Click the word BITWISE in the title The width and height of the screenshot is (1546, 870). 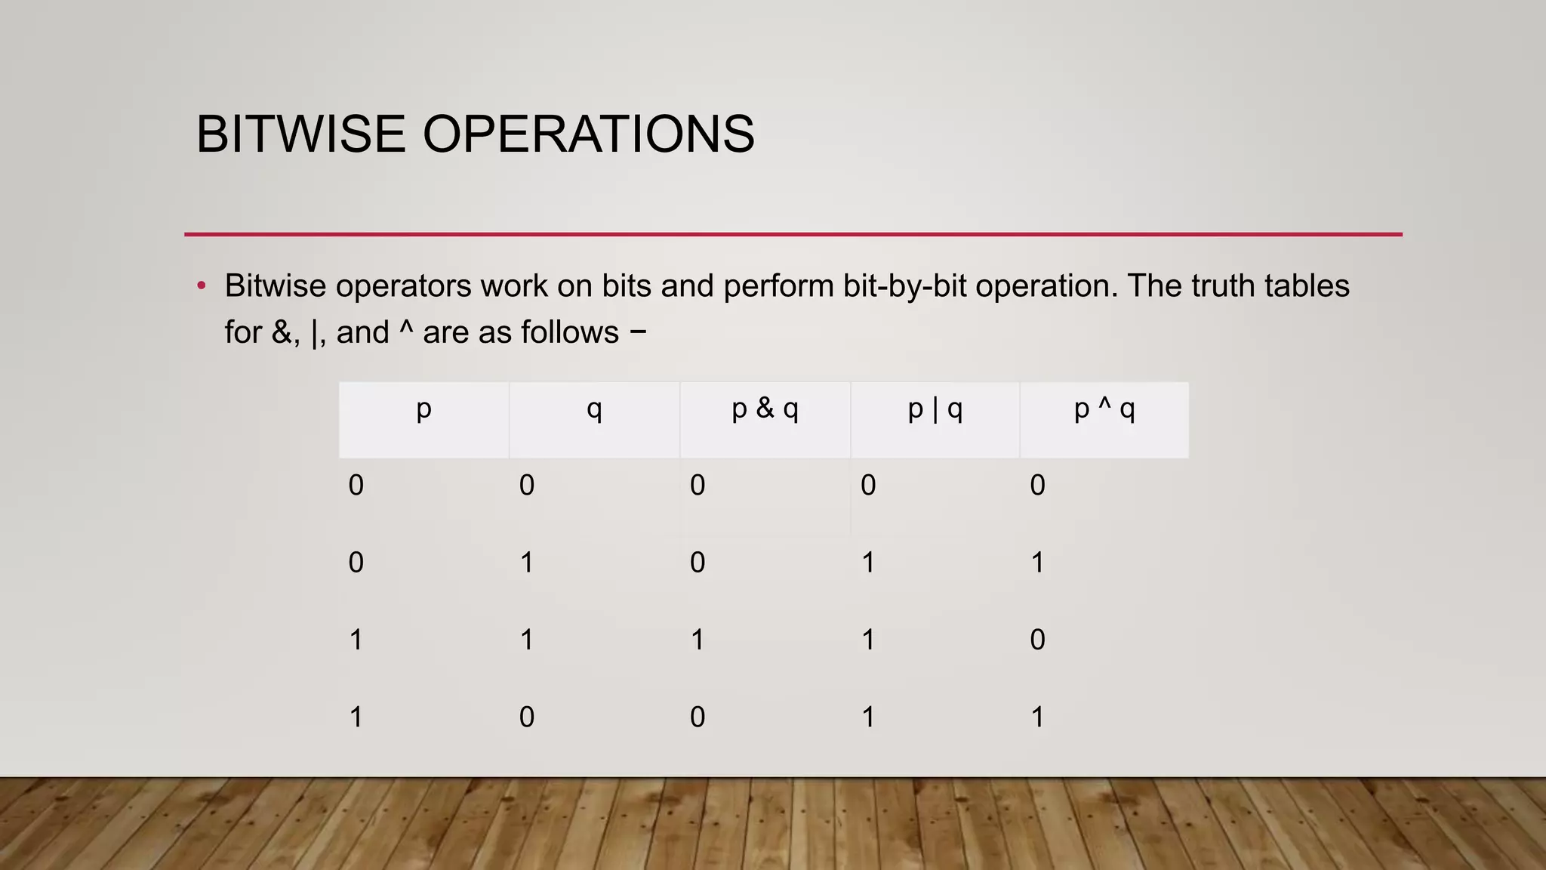coord(300,134)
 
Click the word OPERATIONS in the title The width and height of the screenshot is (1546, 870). coord(588,134)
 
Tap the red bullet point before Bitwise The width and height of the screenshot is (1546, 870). coord(202,286)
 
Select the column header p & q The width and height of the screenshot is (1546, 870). coord(765,409)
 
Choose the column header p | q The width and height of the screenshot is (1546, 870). coord(935,409)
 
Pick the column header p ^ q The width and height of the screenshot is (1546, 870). coord(1104,409)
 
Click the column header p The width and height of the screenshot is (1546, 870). coord(424,409)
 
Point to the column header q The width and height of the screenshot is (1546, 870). coord(595,409)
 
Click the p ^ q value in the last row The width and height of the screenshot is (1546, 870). coord(1038,717)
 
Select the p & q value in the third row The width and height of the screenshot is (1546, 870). coord(698,640)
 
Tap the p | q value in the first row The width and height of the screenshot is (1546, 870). coord(868,485)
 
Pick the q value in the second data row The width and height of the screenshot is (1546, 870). coord(527,563)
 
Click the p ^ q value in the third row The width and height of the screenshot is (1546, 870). coord(1038,640)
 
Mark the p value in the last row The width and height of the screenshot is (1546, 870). coord(356,717)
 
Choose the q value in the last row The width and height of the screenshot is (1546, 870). coord(527,717)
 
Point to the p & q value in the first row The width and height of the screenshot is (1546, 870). coord(698,485)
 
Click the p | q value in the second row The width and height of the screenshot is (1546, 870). coord(868,563)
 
